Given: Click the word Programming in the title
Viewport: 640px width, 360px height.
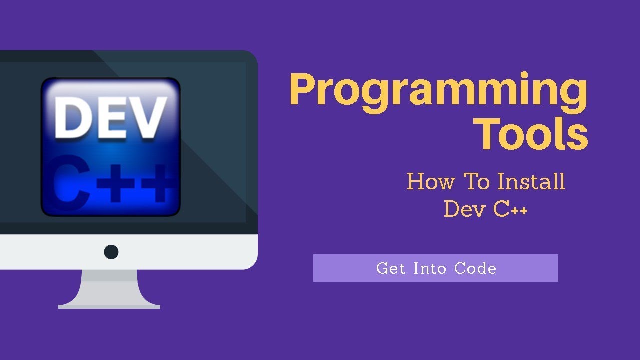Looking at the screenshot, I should [438, 91].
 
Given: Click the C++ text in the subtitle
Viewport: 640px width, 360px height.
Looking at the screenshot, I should [510, 209].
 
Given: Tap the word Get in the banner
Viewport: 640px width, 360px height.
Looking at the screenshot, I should [391, 268].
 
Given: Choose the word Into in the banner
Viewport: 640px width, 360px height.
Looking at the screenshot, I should [430, 268].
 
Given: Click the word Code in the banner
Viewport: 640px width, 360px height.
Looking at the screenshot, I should [475, 268].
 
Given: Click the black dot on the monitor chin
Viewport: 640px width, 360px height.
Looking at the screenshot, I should [111, 251].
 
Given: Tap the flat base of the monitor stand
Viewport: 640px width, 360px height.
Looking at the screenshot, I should [109, 305].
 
